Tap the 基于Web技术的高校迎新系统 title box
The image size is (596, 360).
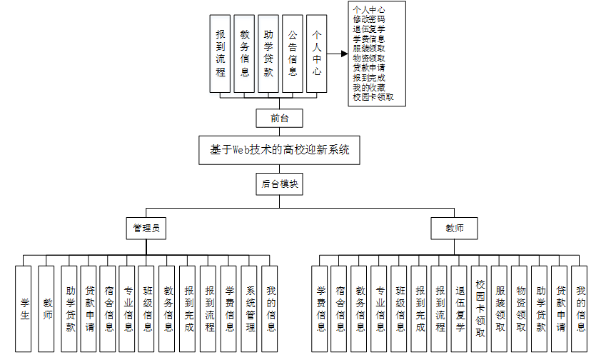pyautogui.click(x=280, y=151)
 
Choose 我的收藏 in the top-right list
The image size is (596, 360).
pyautogui.click(x=369, y=87)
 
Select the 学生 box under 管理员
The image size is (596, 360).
pyautogui.click(x=24, y=309)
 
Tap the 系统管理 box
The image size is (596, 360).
pyautogui.click(x=251, y=309)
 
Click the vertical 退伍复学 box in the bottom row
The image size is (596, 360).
pyautogui.click(x=460, y=309)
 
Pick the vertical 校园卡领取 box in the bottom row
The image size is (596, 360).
pyautogui.click(x=480, y=309)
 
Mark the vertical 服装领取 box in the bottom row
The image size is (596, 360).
pyautogui.click(x=500, y=309)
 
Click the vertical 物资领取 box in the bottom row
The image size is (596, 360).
pyautogui.click(x=520, y=309)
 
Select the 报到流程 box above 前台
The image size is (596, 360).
pyautogui.click(x=221, y=54)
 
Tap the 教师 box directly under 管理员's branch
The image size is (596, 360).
pyautogui.click(x=46, y=309)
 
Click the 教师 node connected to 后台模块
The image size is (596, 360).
pyautogui.click(x=454, y=229)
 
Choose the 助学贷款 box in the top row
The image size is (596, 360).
pyautogui.click(x=268, y=54)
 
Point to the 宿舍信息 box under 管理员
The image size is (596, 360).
pyautogui.click(x=108, y=309)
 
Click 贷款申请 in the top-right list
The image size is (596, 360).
pyautogui.click(x=369, y=68)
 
